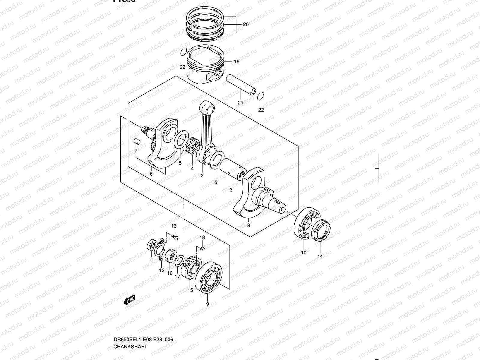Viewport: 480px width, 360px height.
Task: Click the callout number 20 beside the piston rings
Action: pyautogui.click(x=246, y=25)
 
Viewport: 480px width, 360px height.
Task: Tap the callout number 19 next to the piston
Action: pyautogui.click(x=237, y=62)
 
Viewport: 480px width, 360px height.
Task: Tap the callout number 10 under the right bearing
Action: pyautogui.click(x=304, y=253)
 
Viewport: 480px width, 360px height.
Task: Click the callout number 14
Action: pyautogui.click(x=320, y=256)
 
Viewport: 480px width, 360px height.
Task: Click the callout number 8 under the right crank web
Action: pyautogui.click(x=248, y=225)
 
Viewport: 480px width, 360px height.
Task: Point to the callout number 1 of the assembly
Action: pyautogui.click(x=184, y=206)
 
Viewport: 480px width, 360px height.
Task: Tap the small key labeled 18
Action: pyautogui.click(x=202, y=248)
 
